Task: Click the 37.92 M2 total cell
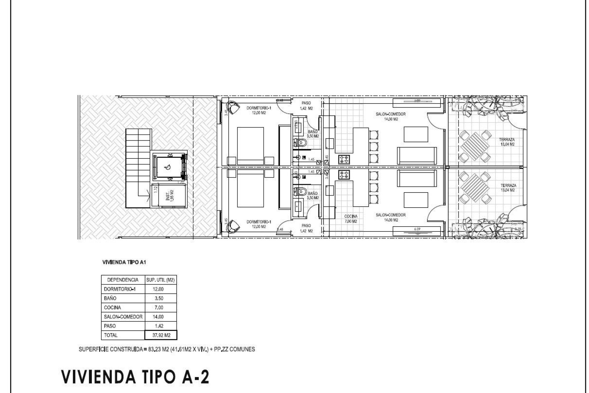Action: point(161,335)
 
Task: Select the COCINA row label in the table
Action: point(112,307)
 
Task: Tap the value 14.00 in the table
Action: point(158,317)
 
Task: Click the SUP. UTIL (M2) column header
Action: point(160,280)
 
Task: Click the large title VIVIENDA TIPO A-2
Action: point(135,377)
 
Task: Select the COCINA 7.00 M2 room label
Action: point(351,219)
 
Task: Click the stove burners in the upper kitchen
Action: point(344,159)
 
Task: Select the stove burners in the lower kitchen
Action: point(344,175)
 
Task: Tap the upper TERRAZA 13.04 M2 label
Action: point(506,142)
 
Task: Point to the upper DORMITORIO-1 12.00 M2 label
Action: point(259,110)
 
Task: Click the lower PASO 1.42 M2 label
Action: point(306,228)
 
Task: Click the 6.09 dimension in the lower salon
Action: point(416,229)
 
